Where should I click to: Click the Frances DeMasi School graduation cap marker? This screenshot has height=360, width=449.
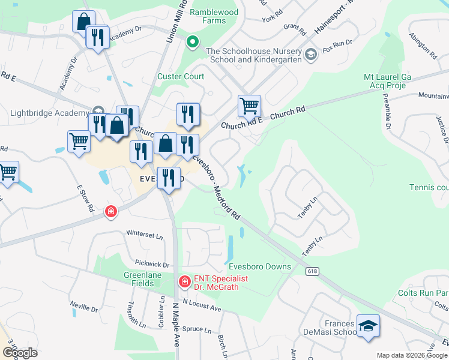[368, 326]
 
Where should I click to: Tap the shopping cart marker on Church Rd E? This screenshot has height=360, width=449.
[249, 106]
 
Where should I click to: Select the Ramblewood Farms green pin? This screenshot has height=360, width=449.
[192, 42]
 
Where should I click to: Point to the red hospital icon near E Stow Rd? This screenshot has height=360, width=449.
[110, 211]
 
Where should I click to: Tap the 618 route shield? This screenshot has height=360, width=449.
[312, 271]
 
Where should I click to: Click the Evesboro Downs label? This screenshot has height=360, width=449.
[259, 266]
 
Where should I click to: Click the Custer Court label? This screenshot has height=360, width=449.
[181, 77]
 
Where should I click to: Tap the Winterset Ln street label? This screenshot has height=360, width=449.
[145, 235]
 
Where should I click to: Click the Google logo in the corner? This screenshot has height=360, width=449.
[19, 353]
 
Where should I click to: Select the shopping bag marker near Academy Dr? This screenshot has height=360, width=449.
[83, 22]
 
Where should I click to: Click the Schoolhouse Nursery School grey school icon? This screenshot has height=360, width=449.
[310, 55]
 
